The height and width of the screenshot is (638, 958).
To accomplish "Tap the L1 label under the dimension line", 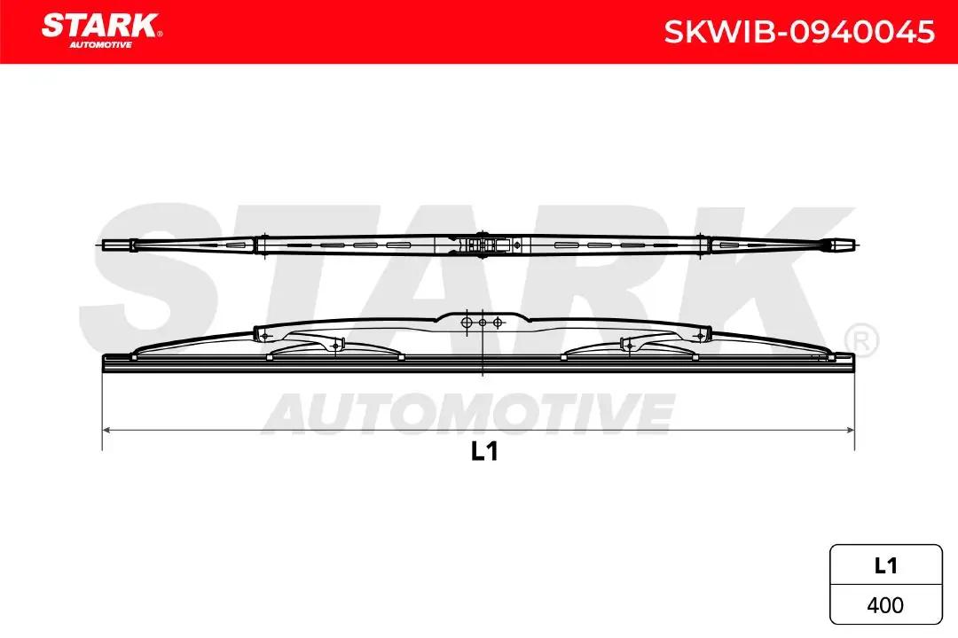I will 483,452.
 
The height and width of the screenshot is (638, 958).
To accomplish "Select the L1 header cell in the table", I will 885,566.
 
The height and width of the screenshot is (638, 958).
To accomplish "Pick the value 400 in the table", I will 885,605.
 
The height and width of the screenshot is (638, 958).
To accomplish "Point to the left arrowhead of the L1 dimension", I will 107,430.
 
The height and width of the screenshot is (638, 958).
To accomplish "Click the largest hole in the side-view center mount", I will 467,322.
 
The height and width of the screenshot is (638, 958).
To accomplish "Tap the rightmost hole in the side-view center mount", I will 498,322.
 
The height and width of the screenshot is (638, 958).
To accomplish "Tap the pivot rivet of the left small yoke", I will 336,345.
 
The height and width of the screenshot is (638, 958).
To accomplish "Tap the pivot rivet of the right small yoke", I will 626,345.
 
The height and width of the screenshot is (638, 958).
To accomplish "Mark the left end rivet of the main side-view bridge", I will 263,334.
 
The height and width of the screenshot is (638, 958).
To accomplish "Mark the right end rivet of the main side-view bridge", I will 700,334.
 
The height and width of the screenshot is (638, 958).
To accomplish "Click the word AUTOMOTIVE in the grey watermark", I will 469,413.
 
